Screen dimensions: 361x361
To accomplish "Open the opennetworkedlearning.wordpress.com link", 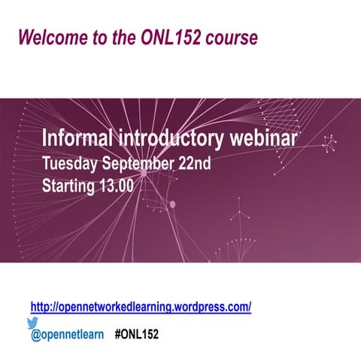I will point(141,307).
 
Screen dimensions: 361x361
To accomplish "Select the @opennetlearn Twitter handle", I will point(68,333).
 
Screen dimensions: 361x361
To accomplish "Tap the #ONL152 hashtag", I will point(137,333).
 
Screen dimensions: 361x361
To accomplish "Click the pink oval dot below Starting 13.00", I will point(172,204).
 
